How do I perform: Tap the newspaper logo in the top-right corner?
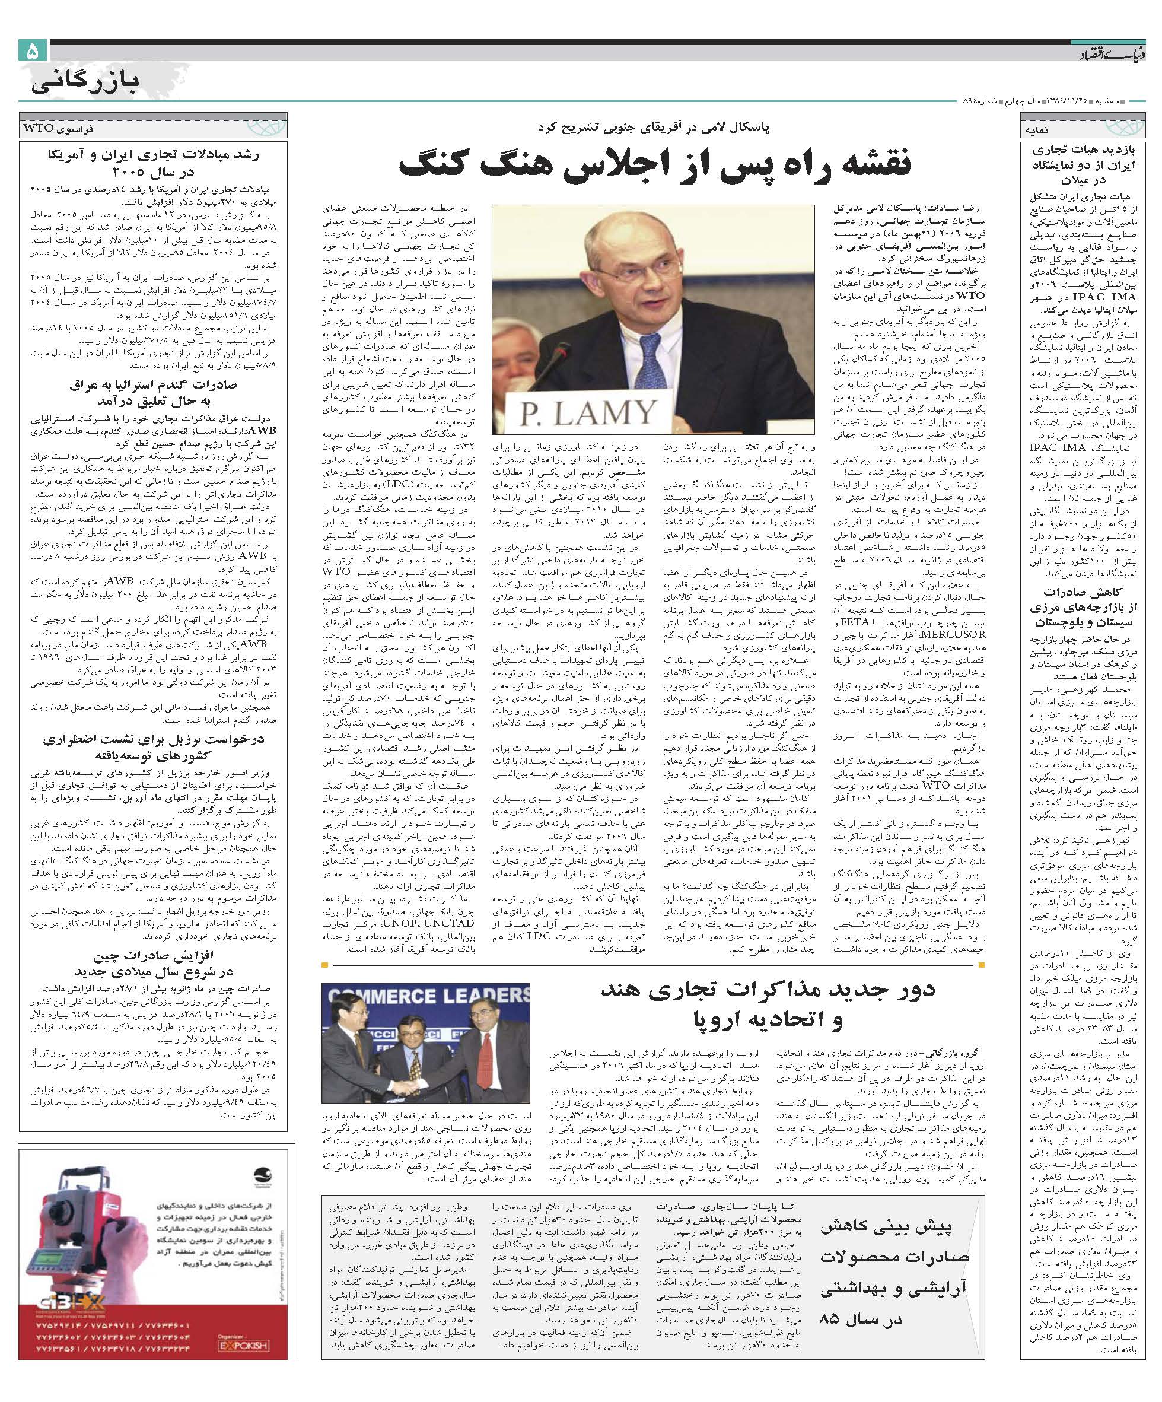click(1104, 52)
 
